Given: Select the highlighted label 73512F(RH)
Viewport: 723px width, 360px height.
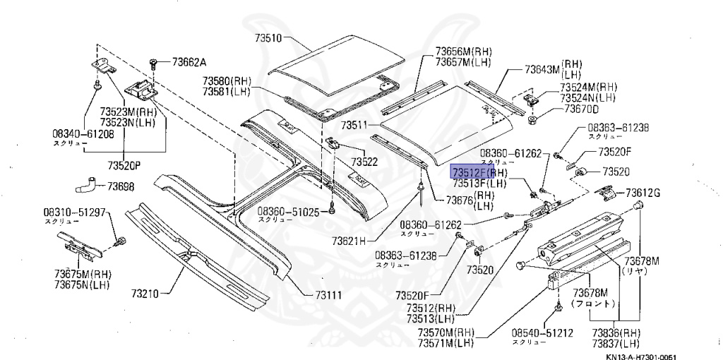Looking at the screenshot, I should [x=479, y=172].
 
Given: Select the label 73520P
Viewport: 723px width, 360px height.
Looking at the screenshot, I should [x=124, y=166].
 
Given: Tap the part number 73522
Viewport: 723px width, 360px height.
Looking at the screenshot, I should [x=364, y=162].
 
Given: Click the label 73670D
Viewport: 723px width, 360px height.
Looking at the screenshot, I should [x=580, y=109].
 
